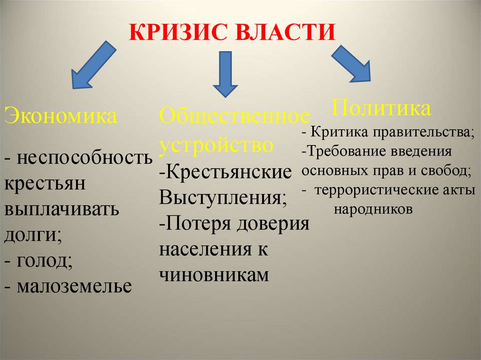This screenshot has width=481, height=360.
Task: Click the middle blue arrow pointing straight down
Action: coord(225,75)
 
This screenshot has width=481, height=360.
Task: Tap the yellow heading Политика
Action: coord(381,108)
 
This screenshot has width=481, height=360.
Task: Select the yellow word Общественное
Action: coord(235,116)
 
